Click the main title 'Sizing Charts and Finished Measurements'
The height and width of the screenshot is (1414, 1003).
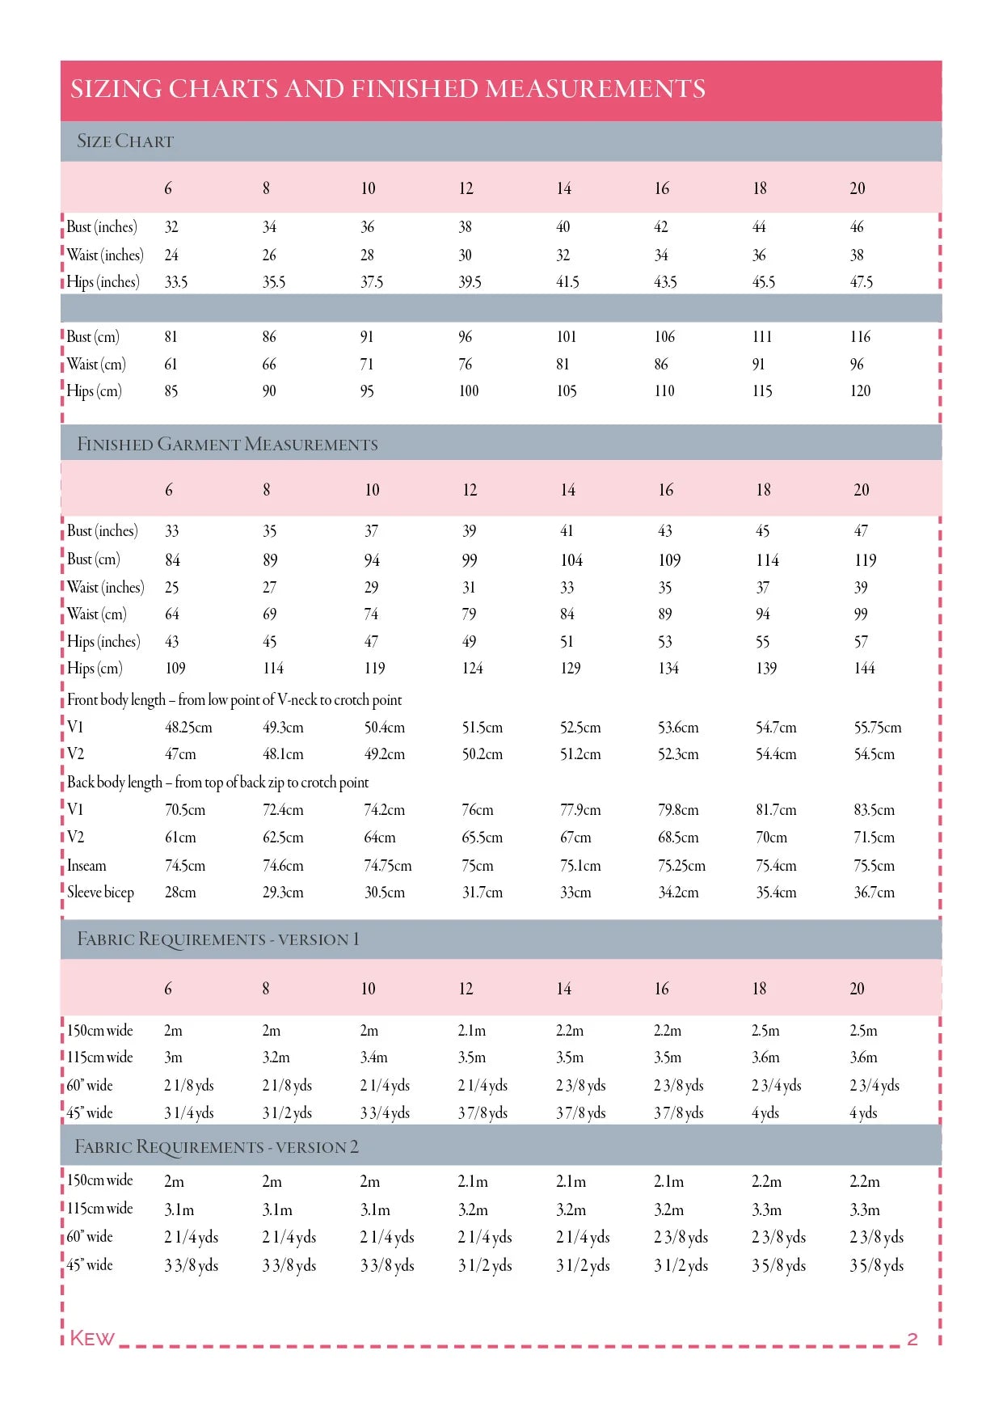point(388,89)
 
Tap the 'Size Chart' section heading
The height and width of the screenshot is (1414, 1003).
point(125,141)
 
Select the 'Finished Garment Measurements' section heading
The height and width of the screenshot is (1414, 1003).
point(227,444)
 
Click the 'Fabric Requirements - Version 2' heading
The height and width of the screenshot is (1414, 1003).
point(217,1147)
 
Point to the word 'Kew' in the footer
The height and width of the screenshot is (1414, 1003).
point(92,1338)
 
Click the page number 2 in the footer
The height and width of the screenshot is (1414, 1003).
point(912,1339)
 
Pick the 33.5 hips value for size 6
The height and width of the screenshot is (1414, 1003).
point(176,282)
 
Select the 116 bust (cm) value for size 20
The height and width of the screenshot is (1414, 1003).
point(860,337)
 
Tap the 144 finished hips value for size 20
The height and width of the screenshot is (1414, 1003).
point(864,669)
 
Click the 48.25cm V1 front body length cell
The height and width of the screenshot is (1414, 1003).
point(188,728)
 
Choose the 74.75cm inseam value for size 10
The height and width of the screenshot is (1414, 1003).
point(388,866)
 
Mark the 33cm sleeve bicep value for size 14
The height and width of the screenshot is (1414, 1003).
point(575,893)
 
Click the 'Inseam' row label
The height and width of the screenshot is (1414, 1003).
point(86,866)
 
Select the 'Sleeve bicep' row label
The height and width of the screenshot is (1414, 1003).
point(100,893)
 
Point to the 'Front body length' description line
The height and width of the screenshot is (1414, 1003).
point(234,700)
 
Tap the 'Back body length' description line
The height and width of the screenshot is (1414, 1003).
point(217,783)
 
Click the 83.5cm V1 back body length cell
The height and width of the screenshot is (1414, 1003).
point(874,810)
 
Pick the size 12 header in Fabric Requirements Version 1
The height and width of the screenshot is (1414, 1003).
point(466,989)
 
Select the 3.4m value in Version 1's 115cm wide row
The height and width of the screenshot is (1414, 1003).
point(373,1057)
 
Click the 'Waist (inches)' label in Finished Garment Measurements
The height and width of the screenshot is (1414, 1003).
point(105,588)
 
